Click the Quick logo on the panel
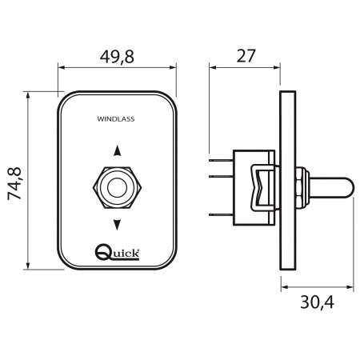pos(118,252)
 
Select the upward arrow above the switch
pos(118,150)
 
